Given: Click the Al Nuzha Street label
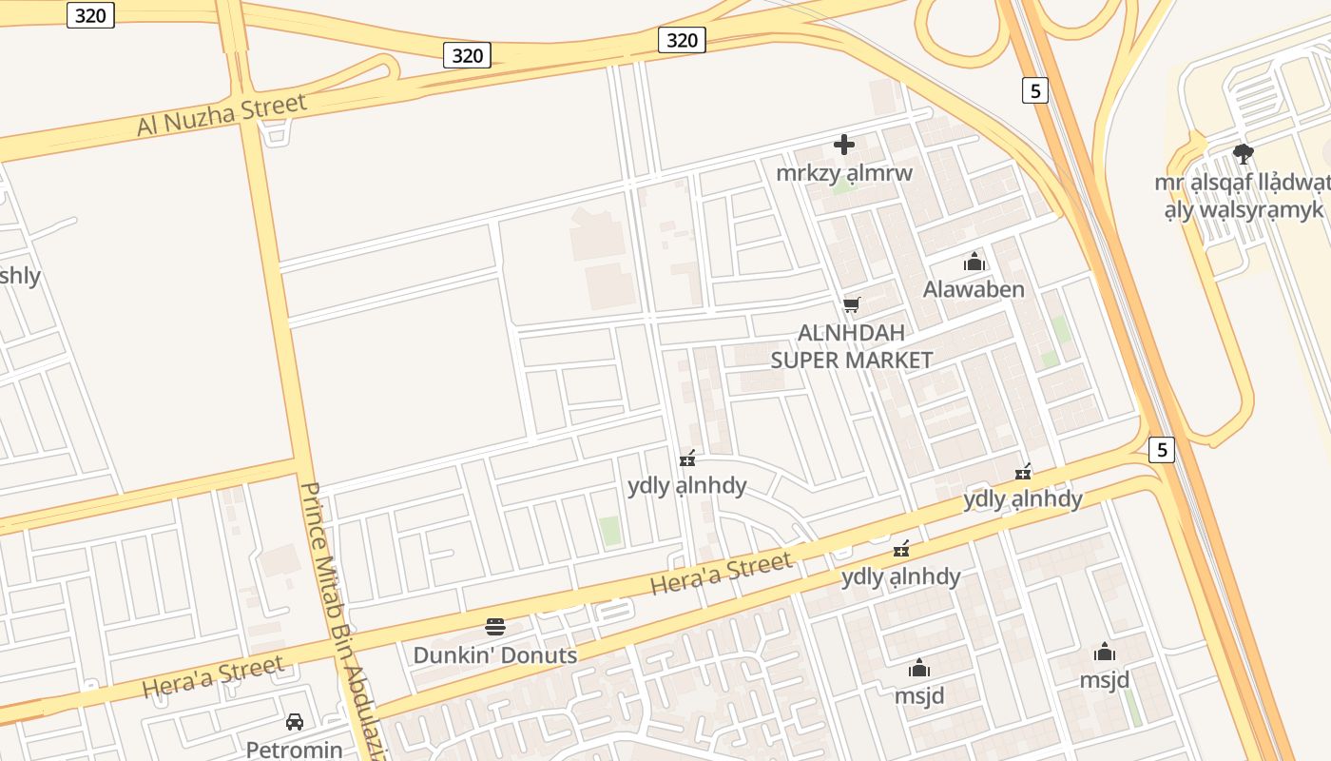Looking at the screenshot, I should coord(222,114).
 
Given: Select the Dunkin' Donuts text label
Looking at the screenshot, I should coord(494,655).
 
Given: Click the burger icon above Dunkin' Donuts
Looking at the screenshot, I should coord(494,626).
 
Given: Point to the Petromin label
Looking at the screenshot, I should coord(294,750).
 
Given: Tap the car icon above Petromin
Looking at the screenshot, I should coord(295,722).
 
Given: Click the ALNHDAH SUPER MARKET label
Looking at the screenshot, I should coord(851,346).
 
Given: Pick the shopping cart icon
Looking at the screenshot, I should coord(851,305).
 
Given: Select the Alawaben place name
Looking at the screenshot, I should coord(974,289).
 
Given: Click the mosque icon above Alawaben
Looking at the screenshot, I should coord(974,262).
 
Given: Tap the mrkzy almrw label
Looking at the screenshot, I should coord(843,173).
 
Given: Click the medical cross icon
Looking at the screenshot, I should coord(843,145).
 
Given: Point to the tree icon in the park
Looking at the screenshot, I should coord(1243,153).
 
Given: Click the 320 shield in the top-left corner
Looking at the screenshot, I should coord(90,14).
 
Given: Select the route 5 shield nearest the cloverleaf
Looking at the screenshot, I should coord(1035,90).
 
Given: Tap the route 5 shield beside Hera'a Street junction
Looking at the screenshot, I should coord(1161,450).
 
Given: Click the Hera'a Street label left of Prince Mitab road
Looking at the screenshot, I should coord(212,676).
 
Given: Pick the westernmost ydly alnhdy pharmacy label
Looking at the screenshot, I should coord(686,486).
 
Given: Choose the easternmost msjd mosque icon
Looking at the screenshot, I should coord(1104,653).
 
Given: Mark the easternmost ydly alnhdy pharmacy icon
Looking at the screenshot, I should coord(1023,472).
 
